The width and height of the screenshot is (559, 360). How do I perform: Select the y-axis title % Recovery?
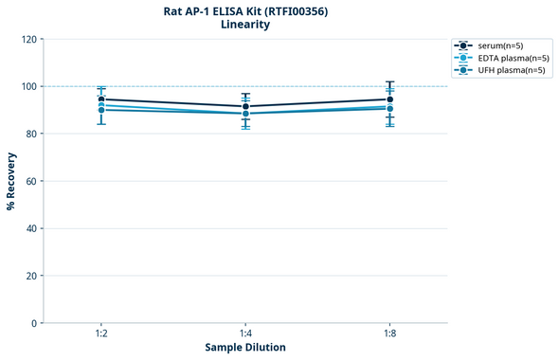tap(11, 181)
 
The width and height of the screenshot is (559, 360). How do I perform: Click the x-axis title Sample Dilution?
tap(245, 348)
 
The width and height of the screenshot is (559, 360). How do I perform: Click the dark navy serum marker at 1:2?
tap(101, 99)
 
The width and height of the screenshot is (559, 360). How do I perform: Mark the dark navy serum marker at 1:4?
tap(245, 107)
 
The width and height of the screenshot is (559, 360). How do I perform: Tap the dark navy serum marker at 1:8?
tap(389, 99)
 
